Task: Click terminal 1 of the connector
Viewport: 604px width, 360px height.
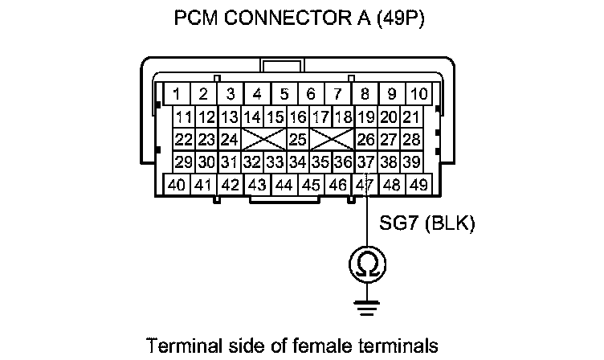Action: click(x=178, y=93)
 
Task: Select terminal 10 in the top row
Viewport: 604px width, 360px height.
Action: click(x=418, y=93)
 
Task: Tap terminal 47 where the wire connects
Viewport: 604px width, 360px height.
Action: click(x=365, y=184)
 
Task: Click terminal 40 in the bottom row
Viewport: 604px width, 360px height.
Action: click(x=178, y=184)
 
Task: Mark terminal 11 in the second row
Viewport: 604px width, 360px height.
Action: click(x=185, y=117)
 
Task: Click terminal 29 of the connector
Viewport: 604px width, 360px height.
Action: click(x=185, y=162)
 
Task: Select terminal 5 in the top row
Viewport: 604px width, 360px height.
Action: click(x=284, y=93)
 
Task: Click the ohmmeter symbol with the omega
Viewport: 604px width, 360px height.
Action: click(x=366, y=263)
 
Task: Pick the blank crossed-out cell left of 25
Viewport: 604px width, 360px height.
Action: click(x=264, y=140)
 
